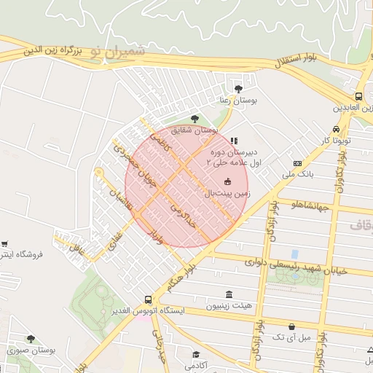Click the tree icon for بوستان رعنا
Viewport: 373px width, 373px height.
(239, 88)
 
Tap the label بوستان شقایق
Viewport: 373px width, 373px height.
(195, 129)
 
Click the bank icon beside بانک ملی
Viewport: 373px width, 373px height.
(297, 163)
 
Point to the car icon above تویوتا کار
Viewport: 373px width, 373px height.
(336, 129)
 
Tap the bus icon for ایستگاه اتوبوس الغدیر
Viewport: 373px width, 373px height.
(149, 299)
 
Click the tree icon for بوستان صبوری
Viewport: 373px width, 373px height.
(31, 339)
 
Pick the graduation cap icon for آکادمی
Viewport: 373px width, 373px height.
(195, 355)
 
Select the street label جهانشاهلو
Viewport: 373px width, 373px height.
(310, 206)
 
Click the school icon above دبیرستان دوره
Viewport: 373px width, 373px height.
(233, 141)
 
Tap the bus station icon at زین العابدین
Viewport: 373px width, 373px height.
(358, 96)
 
